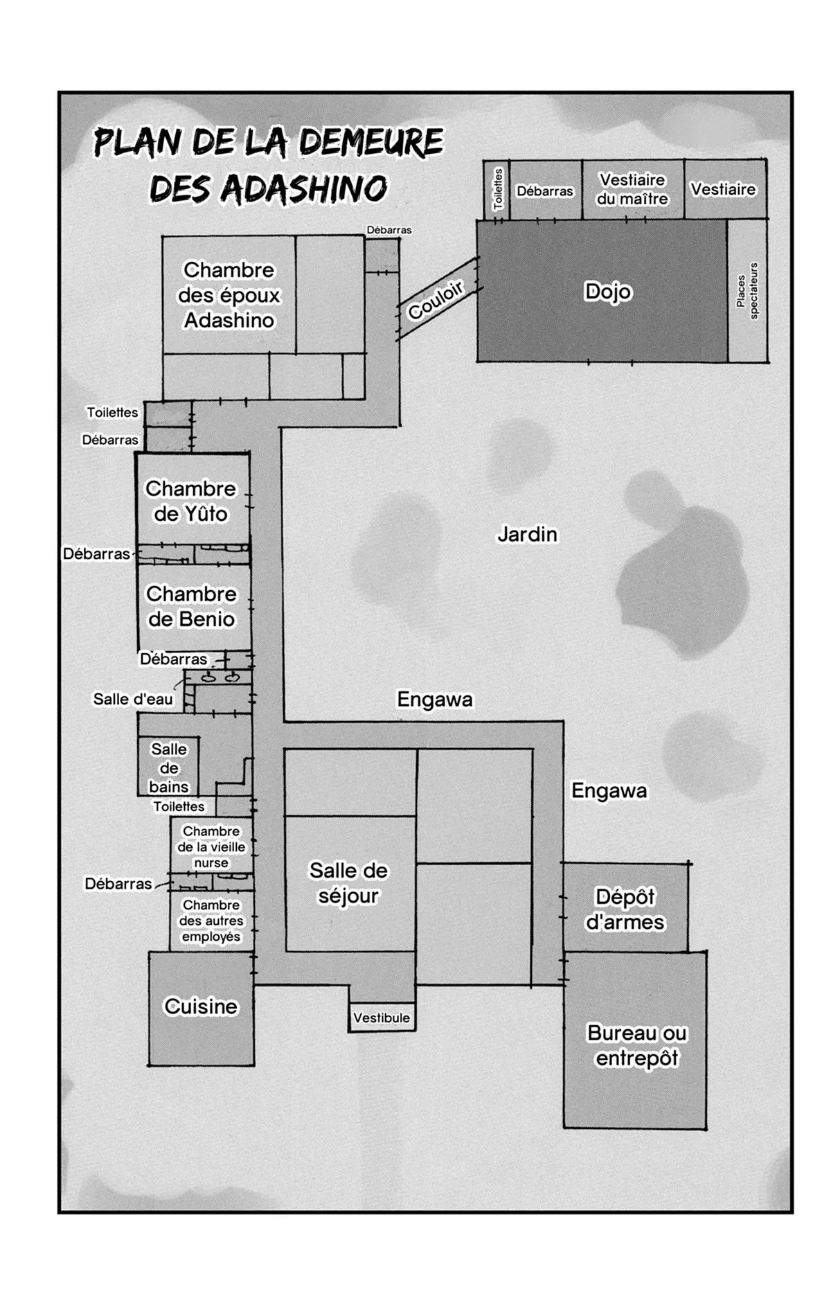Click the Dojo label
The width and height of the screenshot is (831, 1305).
click(608, 292)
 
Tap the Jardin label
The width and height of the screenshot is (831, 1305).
click(528, 534)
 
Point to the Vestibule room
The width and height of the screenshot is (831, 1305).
click(382, 1017)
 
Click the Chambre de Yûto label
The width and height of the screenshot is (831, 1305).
click(190, 501)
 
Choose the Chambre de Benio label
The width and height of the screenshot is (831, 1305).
click(191, 606)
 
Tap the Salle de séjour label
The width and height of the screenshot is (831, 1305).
click(348, 882)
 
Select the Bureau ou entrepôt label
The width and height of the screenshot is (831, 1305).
click(637, 1045)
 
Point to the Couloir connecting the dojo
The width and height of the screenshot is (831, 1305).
click(437, 299)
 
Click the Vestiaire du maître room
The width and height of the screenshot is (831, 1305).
click(633, 189)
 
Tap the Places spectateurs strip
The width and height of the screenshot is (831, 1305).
click(747, 290)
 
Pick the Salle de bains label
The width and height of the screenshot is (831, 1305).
click(169, 768)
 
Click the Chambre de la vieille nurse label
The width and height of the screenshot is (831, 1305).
click(211, 846)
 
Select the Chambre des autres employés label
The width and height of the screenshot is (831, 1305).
click(211, 921)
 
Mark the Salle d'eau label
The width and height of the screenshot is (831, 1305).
click(133, 699)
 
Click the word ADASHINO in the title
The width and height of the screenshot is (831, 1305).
click(303, 188)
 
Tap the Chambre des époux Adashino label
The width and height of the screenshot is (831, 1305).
click(229, 295)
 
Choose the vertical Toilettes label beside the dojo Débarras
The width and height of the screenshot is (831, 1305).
click(498, 189)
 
